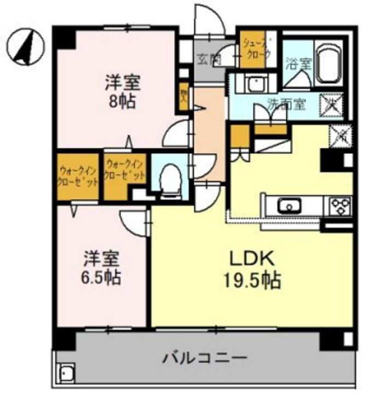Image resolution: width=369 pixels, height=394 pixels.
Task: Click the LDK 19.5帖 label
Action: pyautogui.click(x=251, y=270)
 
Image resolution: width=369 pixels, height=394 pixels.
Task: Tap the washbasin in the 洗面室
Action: pyautogui.click(x=255, y=85)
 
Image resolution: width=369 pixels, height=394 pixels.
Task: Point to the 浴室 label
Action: pyautogui.click(x=299, y=63)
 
